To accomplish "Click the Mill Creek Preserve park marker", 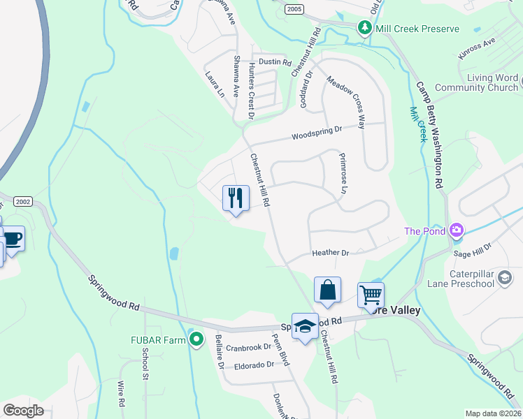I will [x=364, y=28].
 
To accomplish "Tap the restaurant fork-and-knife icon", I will [x=236, y=198].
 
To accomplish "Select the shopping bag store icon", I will [x=327, y=289].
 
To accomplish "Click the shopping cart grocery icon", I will [x=371, y=294].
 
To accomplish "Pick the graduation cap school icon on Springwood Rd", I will [x=305, y=325].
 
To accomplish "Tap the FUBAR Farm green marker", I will [x=196, y=340].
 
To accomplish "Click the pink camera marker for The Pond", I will [x=457, y=230].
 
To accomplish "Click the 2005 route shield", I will [x=294, y=7].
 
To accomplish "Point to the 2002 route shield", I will [x=22, y=200].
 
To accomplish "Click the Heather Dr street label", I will [x=331, y=253].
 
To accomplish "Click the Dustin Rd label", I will [x=274, y=61].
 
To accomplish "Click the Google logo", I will [x=23, y=411].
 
